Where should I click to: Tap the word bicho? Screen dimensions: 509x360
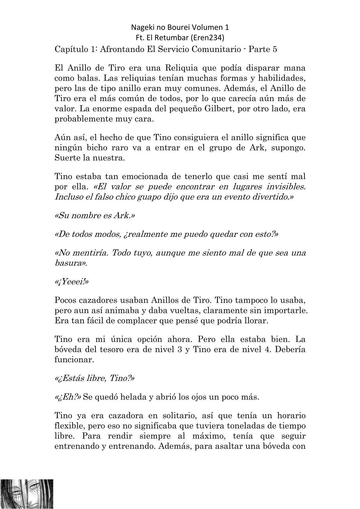click(x=97, y=148)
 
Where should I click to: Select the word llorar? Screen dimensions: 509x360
click(x=256, y=321)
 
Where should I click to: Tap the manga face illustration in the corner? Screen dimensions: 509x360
click(x=27, y=493)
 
